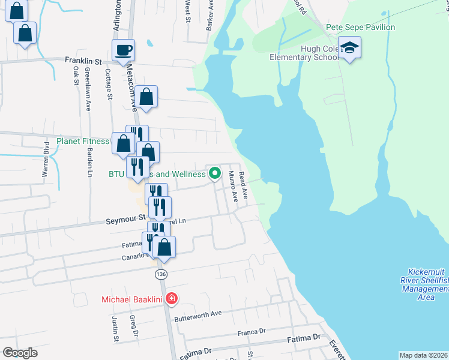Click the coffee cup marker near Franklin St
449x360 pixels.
coord(123,50)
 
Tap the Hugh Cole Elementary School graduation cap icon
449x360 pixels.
coord(349,47)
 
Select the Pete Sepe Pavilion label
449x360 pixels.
coord(360,27)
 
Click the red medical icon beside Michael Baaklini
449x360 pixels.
coord(171,298)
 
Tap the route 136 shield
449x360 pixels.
coord(160,274)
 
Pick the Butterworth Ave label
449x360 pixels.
coord(197,313)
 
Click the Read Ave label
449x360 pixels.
coord(243,185)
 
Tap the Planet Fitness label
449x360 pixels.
coord(83,142)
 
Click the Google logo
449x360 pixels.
coord(20,353)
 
